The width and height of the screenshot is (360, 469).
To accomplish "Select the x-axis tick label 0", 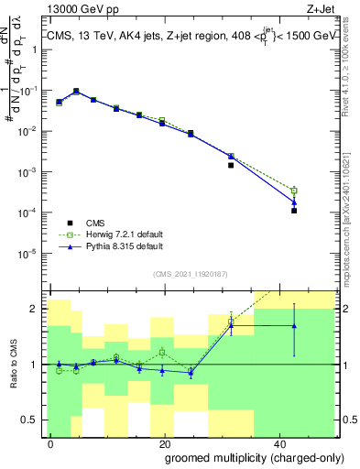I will (x=51, y=442).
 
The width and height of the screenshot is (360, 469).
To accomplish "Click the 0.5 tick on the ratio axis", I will (x=34, y=420).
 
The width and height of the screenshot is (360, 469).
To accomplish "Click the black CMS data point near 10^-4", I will (x=294, y=211).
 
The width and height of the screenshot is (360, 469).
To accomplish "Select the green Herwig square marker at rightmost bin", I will (x=294, y=191).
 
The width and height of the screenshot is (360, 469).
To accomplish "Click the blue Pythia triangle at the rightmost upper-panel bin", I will (x=294, y=202).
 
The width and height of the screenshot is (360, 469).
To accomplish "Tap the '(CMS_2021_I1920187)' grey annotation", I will (x=191, y=273).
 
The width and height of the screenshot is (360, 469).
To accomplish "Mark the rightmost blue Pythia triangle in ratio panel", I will (x=294, y=325).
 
